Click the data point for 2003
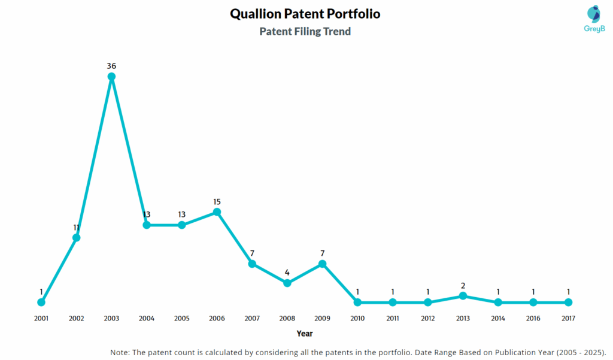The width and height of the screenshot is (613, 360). click(x=111, y=77)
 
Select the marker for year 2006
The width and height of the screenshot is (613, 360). click(x=217, y=212)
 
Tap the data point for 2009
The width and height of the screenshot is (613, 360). click(x=322, y=264)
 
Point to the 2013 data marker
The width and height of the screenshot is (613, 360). click(x=463, y=296)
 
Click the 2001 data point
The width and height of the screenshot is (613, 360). click(x=41, y=302)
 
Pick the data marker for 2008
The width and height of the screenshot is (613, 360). click(x=287, y=283)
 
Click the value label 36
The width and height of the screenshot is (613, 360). click(x=111, y=66)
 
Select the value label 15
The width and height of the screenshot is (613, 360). click(x=217, y=202)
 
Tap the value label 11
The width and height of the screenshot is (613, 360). click(x=77, y=228)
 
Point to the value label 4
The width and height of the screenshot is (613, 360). click(x=287, y=273)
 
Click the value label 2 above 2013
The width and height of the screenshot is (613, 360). click(x=463, y=286)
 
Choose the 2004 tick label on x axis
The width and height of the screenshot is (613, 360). click(x=147, y=319)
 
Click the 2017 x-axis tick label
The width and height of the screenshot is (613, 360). click(x=568, y=319)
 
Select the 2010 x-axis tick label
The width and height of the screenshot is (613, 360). click(x=357, y=319)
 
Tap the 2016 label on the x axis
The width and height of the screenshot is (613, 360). click(x=533, y=319)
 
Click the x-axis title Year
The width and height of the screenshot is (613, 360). click(x=305, y=334)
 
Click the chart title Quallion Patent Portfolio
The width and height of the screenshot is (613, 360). click(x=305, y=14)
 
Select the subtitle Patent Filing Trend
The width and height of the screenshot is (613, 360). click(x=305, y=32)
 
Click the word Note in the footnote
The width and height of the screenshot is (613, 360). click(x=120, y=352)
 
